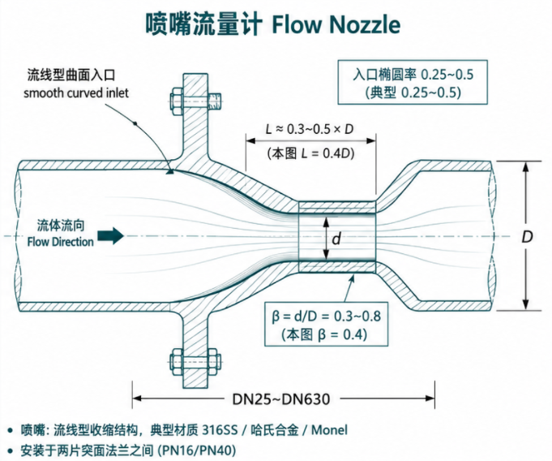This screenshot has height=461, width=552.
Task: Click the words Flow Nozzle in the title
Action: [336, 24]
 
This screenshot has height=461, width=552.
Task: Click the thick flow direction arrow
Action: [110, 235]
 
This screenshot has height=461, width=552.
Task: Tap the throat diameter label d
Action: [336, 239]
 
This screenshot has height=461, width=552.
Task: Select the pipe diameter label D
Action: [527, 237]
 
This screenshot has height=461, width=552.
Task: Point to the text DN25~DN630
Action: [281, 399]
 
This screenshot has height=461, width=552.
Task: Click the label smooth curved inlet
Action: [76, 93]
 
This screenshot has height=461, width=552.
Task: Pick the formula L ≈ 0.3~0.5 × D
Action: [310, 129]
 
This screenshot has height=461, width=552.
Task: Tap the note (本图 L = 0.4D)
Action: [310, 153]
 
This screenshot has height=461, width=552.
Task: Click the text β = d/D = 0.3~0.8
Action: [327, 316]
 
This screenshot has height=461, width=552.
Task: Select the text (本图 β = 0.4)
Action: [324, 334]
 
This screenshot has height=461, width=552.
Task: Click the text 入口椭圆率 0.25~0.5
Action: [413, 75]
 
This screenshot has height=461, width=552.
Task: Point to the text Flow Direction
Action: [61, 242]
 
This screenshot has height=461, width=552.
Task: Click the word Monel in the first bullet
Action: [329, 430]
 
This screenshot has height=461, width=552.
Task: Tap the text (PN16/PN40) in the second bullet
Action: [196, 450]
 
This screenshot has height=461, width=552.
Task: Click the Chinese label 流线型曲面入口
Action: [71, 75]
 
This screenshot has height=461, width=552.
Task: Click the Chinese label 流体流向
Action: [61, 226]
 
